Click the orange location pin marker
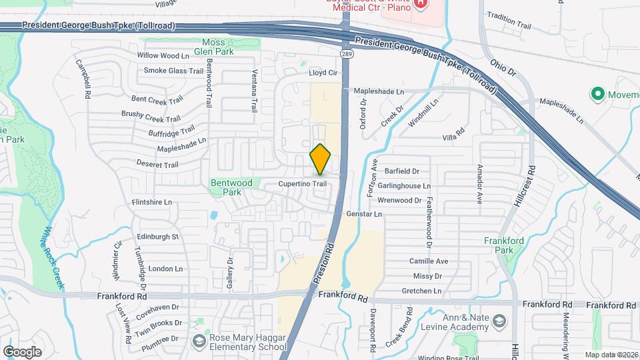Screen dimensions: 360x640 [321, 159]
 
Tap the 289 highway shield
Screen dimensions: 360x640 [345, 53]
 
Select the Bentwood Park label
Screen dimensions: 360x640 [231, 187]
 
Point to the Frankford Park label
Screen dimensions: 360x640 [504, 245]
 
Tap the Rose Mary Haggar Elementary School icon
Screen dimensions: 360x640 [199, 341]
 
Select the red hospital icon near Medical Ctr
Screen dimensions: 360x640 [421, 4]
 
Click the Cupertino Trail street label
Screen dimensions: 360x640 [302, 183]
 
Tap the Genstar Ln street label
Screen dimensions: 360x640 [364, 214]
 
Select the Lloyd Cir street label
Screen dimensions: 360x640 [323, 73]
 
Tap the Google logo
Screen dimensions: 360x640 [22, 351]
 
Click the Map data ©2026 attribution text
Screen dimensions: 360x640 [611, 355]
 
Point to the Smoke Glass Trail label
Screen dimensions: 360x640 [173, 71]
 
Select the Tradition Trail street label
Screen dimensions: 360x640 [509, 25]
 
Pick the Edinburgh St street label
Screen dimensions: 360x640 [158, 237]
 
